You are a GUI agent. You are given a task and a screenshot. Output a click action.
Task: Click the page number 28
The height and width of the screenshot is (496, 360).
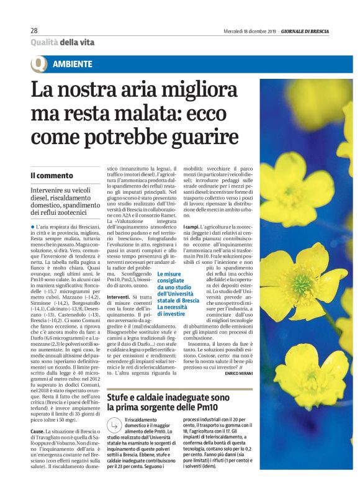coord(34,30)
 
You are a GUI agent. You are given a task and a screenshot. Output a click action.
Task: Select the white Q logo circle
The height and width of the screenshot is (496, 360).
coord(39,64)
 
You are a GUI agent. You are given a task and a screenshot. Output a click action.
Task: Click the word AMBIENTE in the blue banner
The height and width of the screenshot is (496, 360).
coord(73,64)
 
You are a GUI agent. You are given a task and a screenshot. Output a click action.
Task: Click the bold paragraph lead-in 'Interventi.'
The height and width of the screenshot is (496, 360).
coord(119,297)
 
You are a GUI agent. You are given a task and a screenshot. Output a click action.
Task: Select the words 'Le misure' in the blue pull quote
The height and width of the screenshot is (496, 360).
coord(169,274)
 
